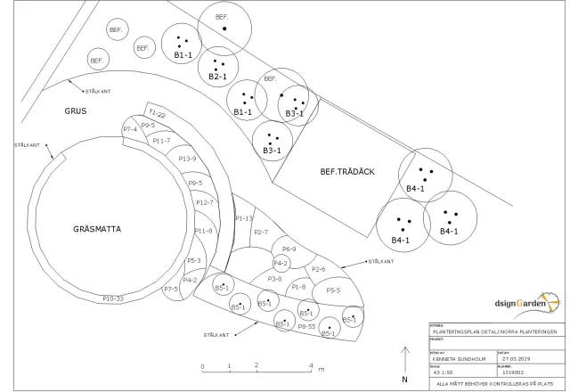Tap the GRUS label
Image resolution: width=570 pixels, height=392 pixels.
pyautogui.click(x=76, y=111)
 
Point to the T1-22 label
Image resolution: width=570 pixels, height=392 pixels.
pyautogui.click(x=158, y=114)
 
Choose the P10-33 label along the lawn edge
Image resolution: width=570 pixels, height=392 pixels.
pyautogui.click(x=112, y=298)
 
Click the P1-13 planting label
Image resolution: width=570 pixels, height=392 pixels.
pyautogui.click(x=244, y=217)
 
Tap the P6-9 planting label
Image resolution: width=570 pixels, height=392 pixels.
pyautogui.click(x=289, y=249)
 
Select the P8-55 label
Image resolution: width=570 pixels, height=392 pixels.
pyautogui.click(x=307, y=327)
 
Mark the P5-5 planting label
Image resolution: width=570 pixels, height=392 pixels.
pyautogui.click(x=333, y=290)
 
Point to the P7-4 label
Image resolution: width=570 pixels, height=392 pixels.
pyautogui.click(x=130, y=130)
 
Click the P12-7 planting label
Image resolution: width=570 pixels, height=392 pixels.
pyautogui.click(x=205, y=203)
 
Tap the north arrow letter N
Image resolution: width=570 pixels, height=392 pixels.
pyautogui.click(x=404, y=378)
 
